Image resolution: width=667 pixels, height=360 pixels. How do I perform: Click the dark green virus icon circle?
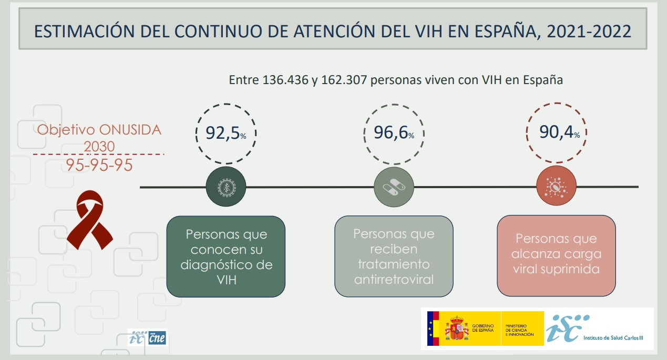(226, 187)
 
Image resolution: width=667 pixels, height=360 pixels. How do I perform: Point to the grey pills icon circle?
(394, 187)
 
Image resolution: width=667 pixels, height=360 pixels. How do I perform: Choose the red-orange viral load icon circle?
(556, 187)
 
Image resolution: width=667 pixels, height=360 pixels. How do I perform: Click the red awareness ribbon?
(90, 220)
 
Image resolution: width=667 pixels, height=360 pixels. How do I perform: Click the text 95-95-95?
(99, 165)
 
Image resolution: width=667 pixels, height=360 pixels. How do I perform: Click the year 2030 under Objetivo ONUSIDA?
(99, 146)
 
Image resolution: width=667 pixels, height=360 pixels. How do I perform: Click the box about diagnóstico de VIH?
(225, 256)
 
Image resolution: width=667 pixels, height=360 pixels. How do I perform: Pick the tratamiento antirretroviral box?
(394, 256)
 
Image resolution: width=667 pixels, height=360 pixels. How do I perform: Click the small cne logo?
(157, 338)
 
